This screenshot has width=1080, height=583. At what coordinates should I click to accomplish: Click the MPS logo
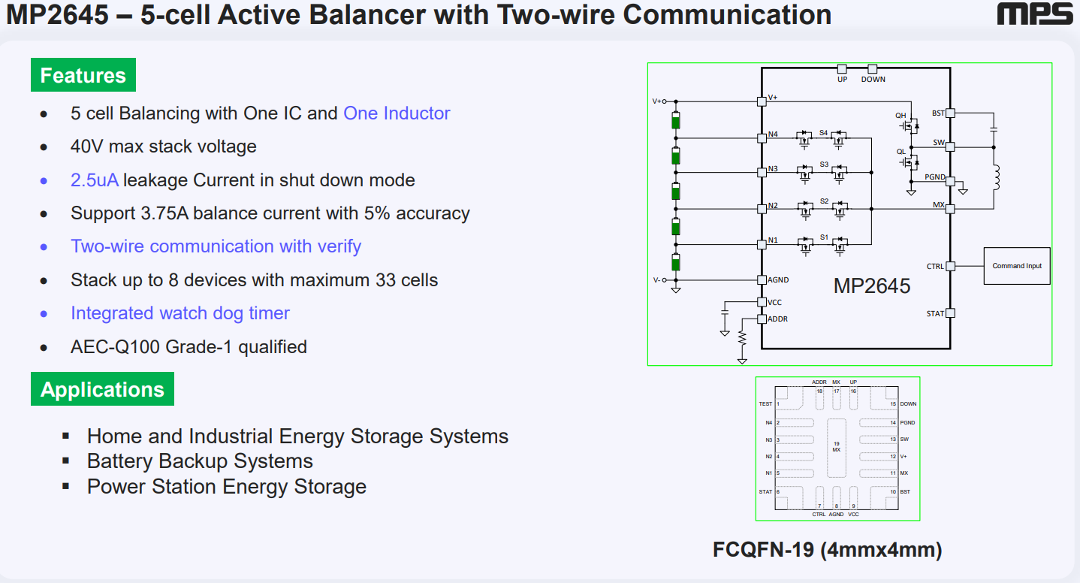[1036, 14]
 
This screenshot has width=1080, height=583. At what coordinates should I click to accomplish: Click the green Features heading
[83, 75]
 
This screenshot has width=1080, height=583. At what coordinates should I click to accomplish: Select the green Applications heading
[102, 389]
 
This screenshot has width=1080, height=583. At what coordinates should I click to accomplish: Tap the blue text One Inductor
[397, 113]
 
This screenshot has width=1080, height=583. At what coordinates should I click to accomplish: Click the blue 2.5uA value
[95, 180]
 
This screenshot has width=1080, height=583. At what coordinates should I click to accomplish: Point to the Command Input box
[1017, 266]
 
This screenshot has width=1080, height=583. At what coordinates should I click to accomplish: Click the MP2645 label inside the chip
[872, 286]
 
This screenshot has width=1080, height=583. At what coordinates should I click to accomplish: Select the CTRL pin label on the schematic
[935, 267]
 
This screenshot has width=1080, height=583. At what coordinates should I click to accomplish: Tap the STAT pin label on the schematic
[935, 314]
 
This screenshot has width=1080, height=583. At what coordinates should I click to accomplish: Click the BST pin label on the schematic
[938, 113]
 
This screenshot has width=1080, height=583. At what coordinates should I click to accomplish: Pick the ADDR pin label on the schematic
[777, 319]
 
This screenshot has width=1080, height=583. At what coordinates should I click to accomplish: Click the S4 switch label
[823, 133]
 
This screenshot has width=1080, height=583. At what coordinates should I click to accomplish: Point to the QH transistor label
[901, 116]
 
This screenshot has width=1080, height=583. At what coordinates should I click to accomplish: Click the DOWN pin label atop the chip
[873, 80]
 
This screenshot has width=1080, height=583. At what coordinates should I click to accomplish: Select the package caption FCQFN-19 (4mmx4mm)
[827, 550]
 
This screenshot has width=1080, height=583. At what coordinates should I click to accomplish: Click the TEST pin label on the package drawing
[765, 404]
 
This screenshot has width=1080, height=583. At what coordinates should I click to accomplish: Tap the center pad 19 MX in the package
[836, 446]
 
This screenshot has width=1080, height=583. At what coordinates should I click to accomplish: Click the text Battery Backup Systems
[200, 461]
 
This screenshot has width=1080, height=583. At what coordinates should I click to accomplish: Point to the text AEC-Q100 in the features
[105, 347]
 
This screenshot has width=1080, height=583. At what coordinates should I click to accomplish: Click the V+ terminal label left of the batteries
[656, 101]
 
